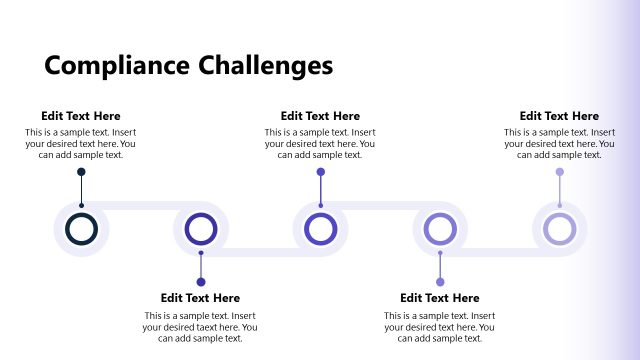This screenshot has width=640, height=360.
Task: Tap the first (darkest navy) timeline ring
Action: click(81, 228)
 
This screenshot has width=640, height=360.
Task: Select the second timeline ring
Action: click(201, 228)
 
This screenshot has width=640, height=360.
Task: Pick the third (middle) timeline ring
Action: click(320, 228)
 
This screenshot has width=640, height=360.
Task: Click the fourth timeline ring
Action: click(440, 228)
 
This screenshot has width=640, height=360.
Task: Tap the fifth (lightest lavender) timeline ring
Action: click(559, 228)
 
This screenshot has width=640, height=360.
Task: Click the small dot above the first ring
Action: click(81, 172)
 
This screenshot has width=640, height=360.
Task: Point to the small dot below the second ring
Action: click(201, 282)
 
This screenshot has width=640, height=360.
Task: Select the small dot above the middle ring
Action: click(320, 172)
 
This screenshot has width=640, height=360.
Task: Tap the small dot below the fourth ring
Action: click(440, 282)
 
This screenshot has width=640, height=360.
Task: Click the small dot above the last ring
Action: click(559, 172)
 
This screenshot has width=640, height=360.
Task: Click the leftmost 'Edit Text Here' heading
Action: click(81, 116)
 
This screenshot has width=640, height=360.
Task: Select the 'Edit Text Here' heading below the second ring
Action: click(200, 298)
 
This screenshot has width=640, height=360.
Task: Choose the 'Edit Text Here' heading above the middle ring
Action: click(320, 116)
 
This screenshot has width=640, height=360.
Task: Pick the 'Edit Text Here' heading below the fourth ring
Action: click(440, 298)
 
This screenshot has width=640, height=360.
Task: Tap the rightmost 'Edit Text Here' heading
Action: click(559, 116)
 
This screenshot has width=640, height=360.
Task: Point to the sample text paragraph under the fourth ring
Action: click(440, 327)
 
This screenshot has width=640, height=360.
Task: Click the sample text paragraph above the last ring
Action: click(559, 143)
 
